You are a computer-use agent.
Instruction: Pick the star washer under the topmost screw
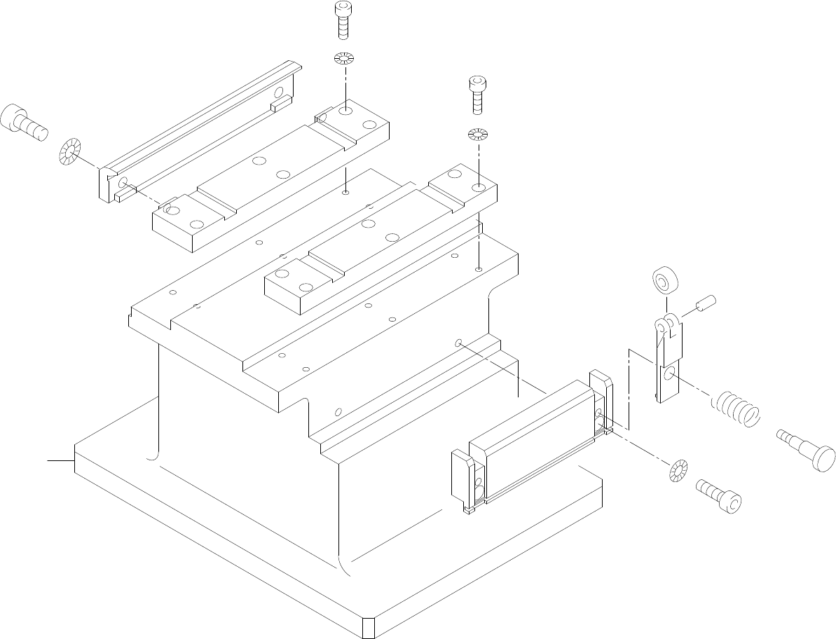tap(344, 58)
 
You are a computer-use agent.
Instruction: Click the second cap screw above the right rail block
tap(477, 92)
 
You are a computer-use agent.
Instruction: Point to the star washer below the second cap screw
tap(477, 133)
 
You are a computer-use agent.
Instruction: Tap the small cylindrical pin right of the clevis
tap(704, 305)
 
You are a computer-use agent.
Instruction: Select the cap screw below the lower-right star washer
tap(718, 495)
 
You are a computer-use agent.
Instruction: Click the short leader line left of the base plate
tap(60, 460)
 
